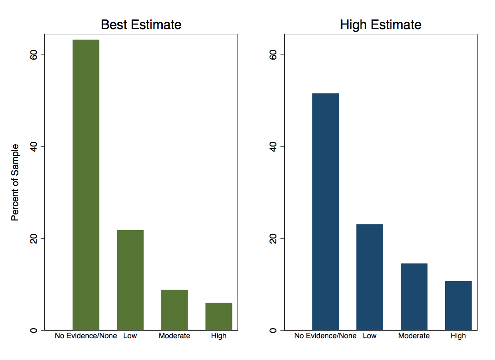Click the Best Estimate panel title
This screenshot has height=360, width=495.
coord(141,24)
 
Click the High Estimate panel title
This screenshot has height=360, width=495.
coord(380,24)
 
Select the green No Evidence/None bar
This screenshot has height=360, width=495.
coord(86,185)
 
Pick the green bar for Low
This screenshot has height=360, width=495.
coord(130,280)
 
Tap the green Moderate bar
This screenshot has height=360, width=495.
coord(174,310)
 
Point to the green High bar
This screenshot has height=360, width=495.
coord(219,316)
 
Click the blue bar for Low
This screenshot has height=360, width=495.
coord(370,277)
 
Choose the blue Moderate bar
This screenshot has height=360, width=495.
coord(414,297)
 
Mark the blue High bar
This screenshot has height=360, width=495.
coord(458,305)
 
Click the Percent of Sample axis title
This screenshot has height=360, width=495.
coord(15,182)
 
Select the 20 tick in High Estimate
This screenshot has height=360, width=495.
coord(272,238)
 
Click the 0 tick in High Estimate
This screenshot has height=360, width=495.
coord(272,330)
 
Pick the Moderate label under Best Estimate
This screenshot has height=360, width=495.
coord(174,336)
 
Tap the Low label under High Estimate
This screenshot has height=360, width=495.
coord(370,336)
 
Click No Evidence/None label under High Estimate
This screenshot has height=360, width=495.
coord(325,336)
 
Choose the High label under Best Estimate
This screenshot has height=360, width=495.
coord(219,336)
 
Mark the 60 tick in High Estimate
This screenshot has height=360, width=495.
coord(272,55)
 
